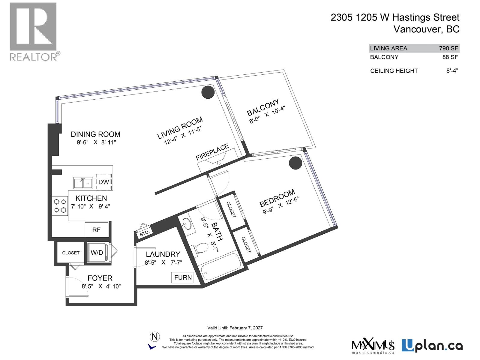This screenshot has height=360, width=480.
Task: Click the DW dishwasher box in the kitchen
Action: pyautogui.click(x=104, y=182)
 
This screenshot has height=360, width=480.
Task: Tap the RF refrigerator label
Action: pyautogui.click(x=96, y=230)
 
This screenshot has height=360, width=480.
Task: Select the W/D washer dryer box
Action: pyautogui.click(x=97, y=253)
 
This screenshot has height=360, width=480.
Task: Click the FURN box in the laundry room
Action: pyautogui.click(x=183, y=277)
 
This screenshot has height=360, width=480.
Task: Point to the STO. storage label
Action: pyautogui.click(x=144, y=233)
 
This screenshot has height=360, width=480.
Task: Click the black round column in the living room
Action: pyautogui.click(x=207, y=92)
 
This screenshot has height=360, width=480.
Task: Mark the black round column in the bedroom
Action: pyautogui.click(x=295, y=163)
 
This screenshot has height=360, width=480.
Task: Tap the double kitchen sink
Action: pyautogui.click(x=83, y=183)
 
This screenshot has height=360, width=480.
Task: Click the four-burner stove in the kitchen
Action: pyautogui.click(x=60, y=206)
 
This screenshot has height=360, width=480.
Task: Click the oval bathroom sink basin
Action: pyautogui.click(x=188, y=224)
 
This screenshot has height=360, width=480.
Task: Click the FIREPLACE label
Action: pyautogui.click(x=212, y=152)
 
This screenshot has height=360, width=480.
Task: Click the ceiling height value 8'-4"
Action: pyautogui.click(x=452, y=71)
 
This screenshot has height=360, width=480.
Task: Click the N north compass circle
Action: pyautogui.click(x=155, y=337)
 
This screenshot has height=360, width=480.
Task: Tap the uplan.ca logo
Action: pyautogui.click(x=432, y=346)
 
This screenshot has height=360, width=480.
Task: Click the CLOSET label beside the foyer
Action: pyautogui.click(x=71, y=253)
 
